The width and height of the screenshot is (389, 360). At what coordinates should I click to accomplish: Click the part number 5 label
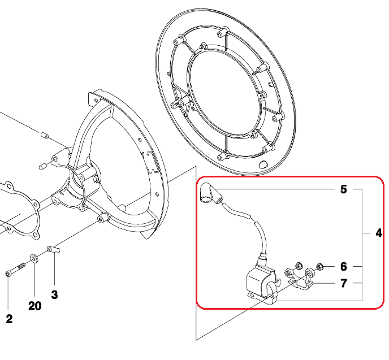click(x=343, y=189)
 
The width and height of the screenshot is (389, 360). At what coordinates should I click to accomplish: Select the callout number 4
click(x=379, y=233)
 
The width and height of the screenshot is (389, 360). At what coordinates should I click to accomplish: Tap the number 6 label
click(x=344, y=267)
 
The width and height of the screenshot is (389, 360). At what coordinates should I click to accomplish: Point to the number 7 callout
click(x=344, y=283)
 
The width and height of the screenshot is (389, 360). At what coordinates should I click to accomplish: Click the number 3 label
click(x=54, y=294)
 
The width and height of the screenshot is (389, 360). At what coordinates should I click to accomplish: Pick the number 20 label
click(x=34, y=306)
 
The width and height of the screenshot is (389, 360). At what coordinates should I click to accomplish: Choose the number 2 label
click(x=9, y=319)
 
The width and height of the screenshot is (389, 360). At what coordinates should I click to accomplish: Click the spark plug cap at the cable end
click(x=210, y=193)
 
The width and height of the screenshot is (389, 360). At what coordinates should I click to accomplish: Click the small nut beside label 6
click(x=320, y=267)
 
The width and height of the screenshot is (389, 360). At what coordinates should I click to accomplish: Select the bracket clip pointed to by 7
click(x=300, y=279)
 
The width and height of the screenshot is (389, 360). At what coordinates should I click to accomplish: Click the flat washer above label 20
click(x=34, y=258)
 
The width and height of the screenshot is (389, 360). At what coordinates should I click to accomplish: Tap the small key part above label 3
click(x=53, y=249)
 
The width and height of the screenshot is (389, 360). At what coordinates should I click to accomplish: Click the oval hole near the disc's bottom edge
click(x=263, y=164)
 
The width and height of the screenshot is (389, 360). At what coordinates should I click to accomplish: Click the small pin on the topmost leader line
click(x=45, y=136)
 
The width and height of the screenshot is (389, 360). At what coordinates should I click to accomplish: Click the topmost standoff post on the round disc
click(x=223, y=32)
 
